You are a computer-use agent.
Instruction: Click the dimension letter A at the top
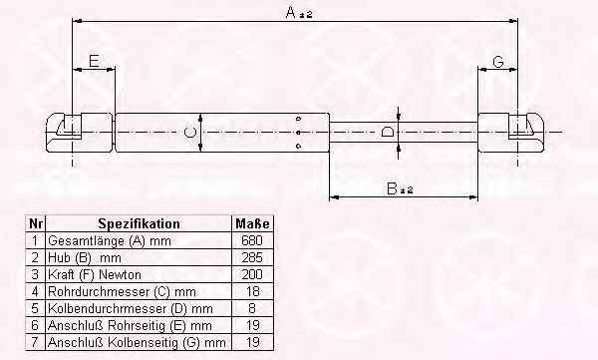(291, 12)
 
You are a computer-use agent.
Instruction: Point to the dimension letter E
(95, 61)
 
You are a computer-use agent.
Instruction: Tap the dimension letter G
(498, 62)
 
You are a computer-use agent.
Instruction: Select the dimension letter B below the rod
(392, 188)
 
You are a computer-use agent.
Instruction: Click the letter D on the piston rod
(388, 133)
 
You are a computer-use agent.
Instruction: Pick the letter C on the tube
(190, 133)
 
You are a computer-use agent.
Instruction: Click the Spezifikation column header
(139, 223)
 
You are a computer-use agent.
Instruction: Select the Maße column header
(252, 223)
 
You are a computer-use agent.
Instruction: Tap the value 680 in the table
(252, 240)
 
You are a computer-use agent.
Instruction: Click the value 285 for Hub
(252, 257)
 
